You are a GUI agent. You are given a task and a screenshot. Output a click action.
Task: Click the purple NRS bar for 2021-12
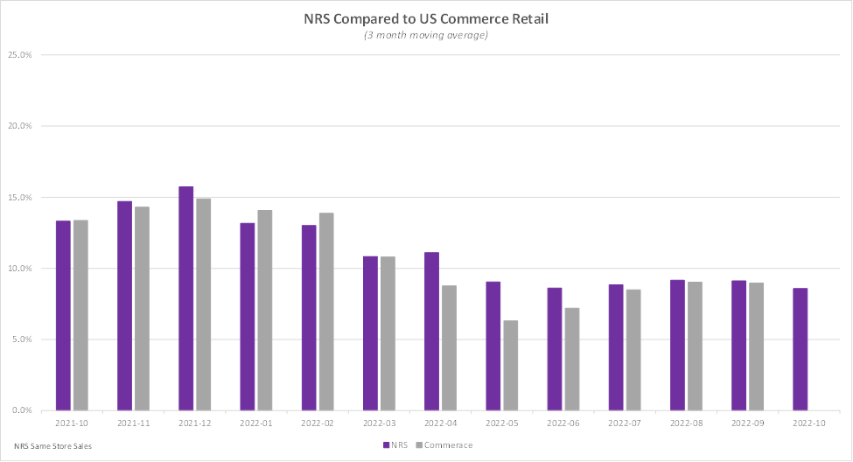[185, 298]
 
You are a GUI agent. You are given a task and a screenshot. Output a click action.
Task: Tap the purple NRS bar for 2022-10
[800, 349]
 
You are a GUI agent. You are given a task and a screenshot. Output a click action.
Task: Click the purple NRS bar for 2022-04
[431, 331]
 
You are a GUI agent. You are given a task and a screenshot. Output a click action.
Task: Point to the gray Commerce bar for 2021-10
[80, 315]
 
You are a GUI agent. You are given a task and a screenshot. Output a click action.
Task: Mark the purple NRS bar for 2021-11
[124, 305]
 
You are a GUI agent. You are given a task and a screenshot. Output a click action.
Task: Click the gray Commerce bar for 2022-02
[325, 311]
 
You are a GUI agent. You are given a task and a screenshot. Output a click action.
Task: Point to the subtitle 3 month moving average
[426, 35]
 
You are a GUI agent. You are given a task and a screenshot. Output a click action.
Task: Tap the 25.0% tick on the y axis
[19, 55]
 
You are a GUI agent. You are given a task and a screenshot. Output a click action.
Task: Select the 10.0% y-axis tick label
[19, 269]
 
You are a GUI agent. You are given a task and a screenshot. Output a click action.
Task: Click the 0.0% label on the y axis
[21, 410]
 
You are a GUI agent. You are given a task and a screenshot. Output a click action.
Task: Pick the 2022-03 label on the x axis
[378, 422]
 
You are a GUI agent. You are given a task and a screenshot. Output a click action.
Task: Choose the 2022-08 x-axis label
[685, 422]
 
